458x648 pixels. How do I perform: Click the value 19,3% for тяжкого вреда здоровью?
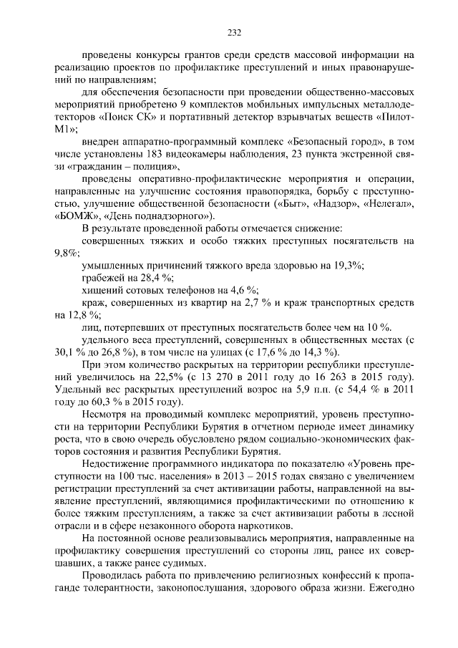coord(349,266)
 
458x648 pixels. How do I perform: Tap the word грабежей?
coord(104,278)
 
